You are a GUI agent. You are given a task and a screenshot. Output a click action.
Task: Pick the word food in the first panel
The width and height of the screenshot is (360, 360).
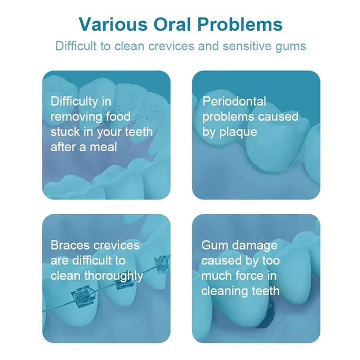click(118, 117)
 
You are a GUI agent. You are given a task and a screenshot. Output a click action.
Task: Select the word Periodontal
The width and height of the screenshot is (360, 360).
click(234, 101)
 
